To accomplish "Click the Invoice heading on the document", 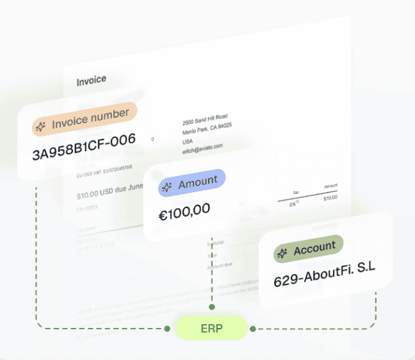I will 92,81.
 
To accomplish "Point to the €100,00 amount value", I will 185,211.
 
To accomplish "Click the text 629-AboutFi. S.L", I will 324,277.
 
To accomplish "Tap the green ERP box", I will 211,329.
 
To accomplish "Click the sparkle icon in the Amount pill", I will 167,187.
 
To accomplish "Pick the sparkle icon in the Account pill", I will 282,254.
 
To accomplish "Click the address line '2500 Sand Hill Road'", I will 205,117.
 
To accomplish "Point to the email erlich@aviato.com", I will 202,147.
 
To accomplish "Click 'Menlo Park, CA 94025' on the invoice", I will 207,127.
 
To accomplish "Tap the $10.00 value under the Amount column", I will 330,198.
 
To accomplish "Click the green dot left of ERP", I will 167,329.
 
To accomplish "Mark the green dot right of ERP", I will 253,329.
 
